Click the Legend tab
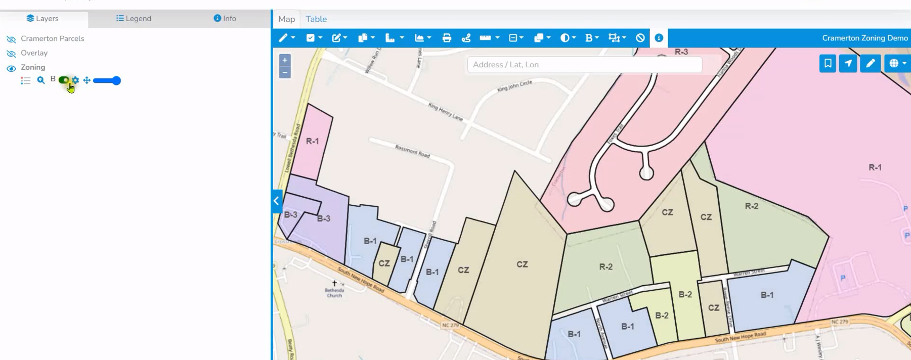[x=134, y=19]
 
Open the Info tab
[x=225, y=19]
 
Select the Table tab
[x=316, y=19]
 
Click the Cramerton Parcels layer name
[x=53, y=38]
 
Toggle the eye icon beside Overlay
[x=11, y=54]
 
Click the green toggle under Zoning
[x=64, y=80]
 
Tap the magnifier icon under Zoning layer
[x=41, y=80]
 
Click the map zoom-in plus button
[x=285, y=60]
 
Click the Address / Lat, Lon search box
[x=584, y=65]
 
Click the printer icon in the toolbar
[x=447, y=38]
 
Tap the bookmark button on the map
[x=828, y=64]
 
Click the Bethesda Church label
[x=334, y=292]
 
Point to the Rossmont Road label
[x=412, y=151]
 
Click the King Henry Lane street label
[x=446, y=111]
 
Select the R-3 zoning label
[x=681, y=52]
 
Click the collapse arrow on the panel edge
[x=276, y=201]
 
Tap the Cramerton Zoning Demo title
[x=864, y=38]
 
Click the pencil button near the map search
[x=870, y=64]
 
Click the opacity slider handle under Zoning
[x=116, y=80]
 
